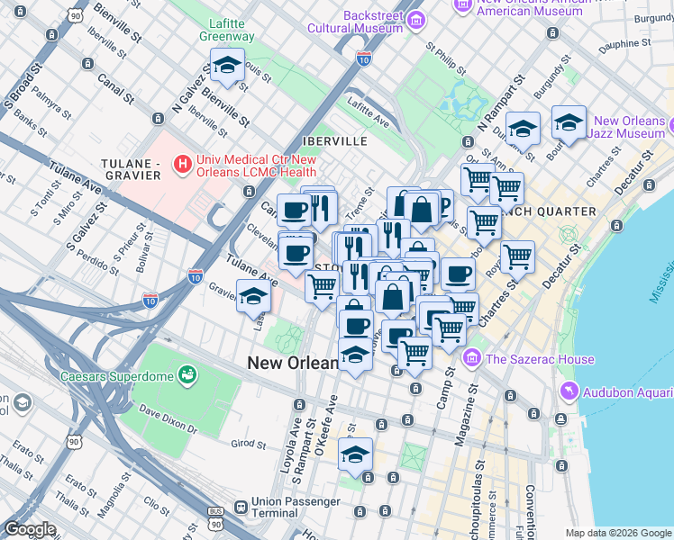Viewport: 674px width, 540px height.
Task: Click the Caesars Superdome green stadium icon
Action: click(x=188, y=373)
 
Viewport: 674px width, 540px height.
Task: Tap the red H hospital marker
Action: click(x=184, y=164)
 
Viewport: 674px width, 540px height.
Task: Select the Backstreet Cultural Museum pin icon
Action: click(x=415, y=20)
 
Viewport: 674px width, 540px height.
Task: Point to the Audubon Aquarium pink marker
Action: click(x=568, y=391)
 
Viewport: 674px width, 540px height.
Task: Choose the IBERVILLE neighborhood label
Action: click(x=335, y=141)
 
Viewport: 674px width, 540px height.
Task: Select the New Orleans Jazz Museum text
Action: click(x=629, y=127)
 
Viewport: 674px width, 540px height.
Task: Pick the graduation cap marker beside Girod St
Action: click(x=356, y=454)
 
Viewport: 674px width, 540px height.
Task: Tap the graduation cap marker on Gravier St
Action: click(x=253, y=296)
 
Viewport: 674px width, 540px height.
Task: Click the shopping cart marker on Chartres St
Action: click(x=517, y=257)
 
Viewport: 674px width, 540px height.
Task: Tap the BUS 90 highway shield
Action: click(x=214, y=512)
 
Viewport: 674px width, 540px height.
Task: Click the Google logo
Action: click(x=30, y=529)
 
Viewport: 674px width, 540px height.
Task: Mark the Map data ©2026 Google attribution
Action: click(x=618, y=533)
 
